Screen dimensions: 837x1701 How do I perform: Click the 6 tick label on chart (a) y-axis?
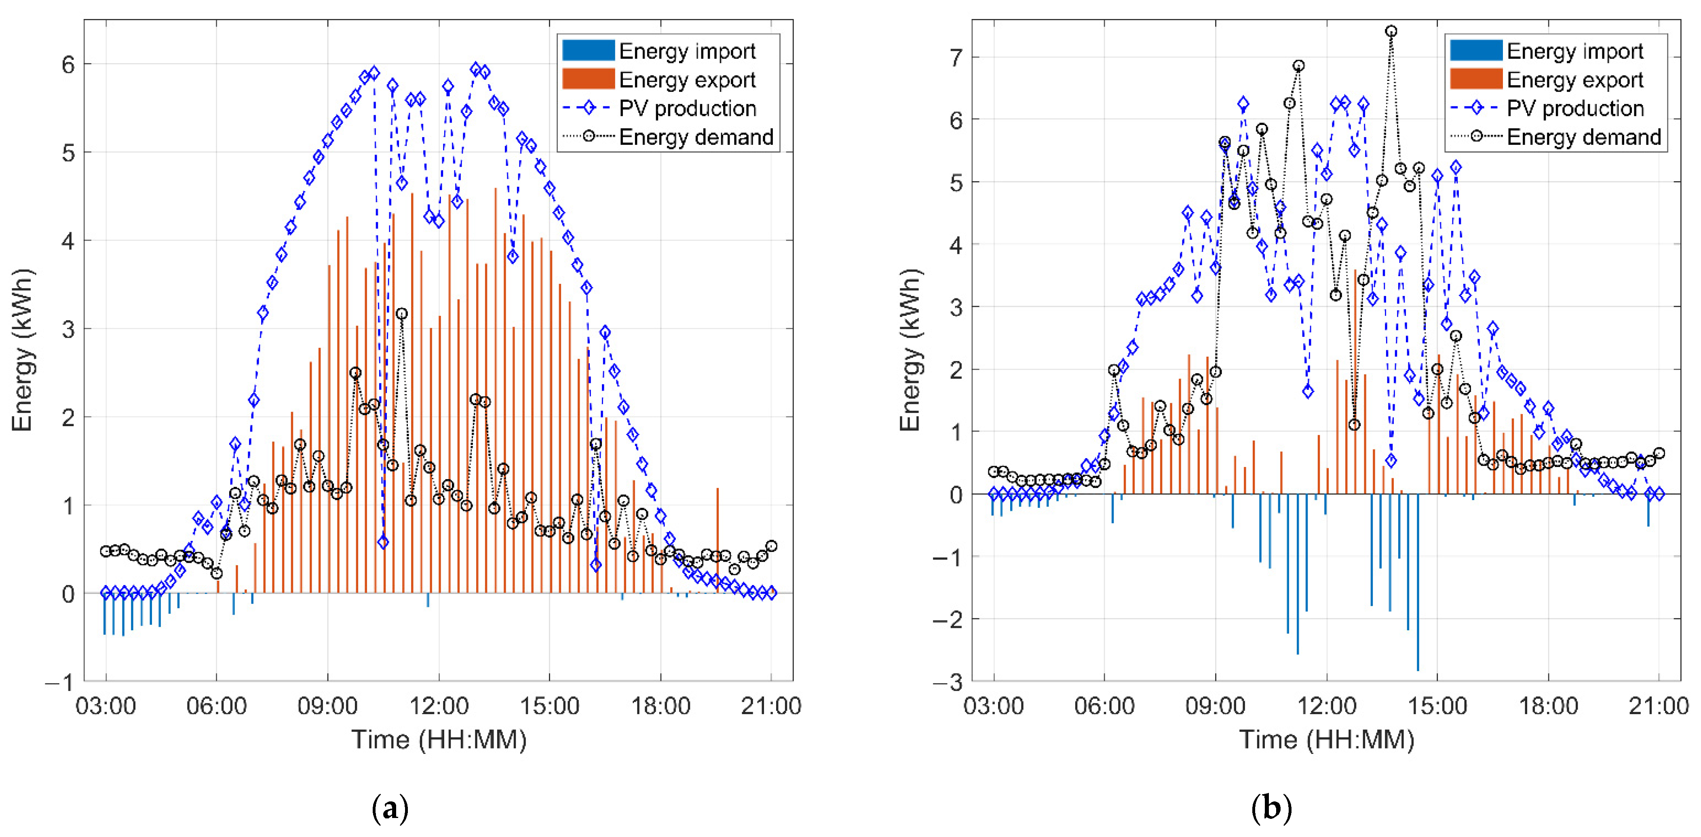coord(68,65)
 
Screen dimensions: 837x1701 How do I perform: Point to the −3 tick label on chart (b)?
coord(948,682)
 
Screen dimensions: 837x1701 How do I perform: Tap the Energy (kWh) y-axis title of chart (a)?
coord(22,350)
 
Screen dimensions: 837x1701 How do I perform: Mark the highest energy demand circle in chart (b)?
coord(1391,31)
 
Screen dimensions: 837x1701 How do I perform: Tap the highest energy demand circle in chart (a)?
coord(401,314)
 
